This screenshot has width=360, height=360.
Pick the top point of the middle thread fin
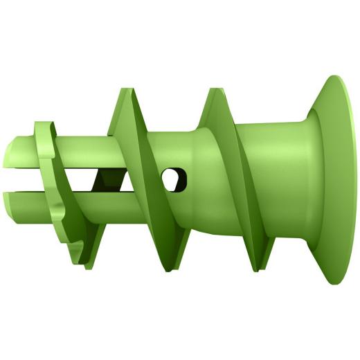click(125, 89)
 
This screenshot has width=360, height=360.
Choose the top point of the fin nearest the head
click(210, 89)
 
